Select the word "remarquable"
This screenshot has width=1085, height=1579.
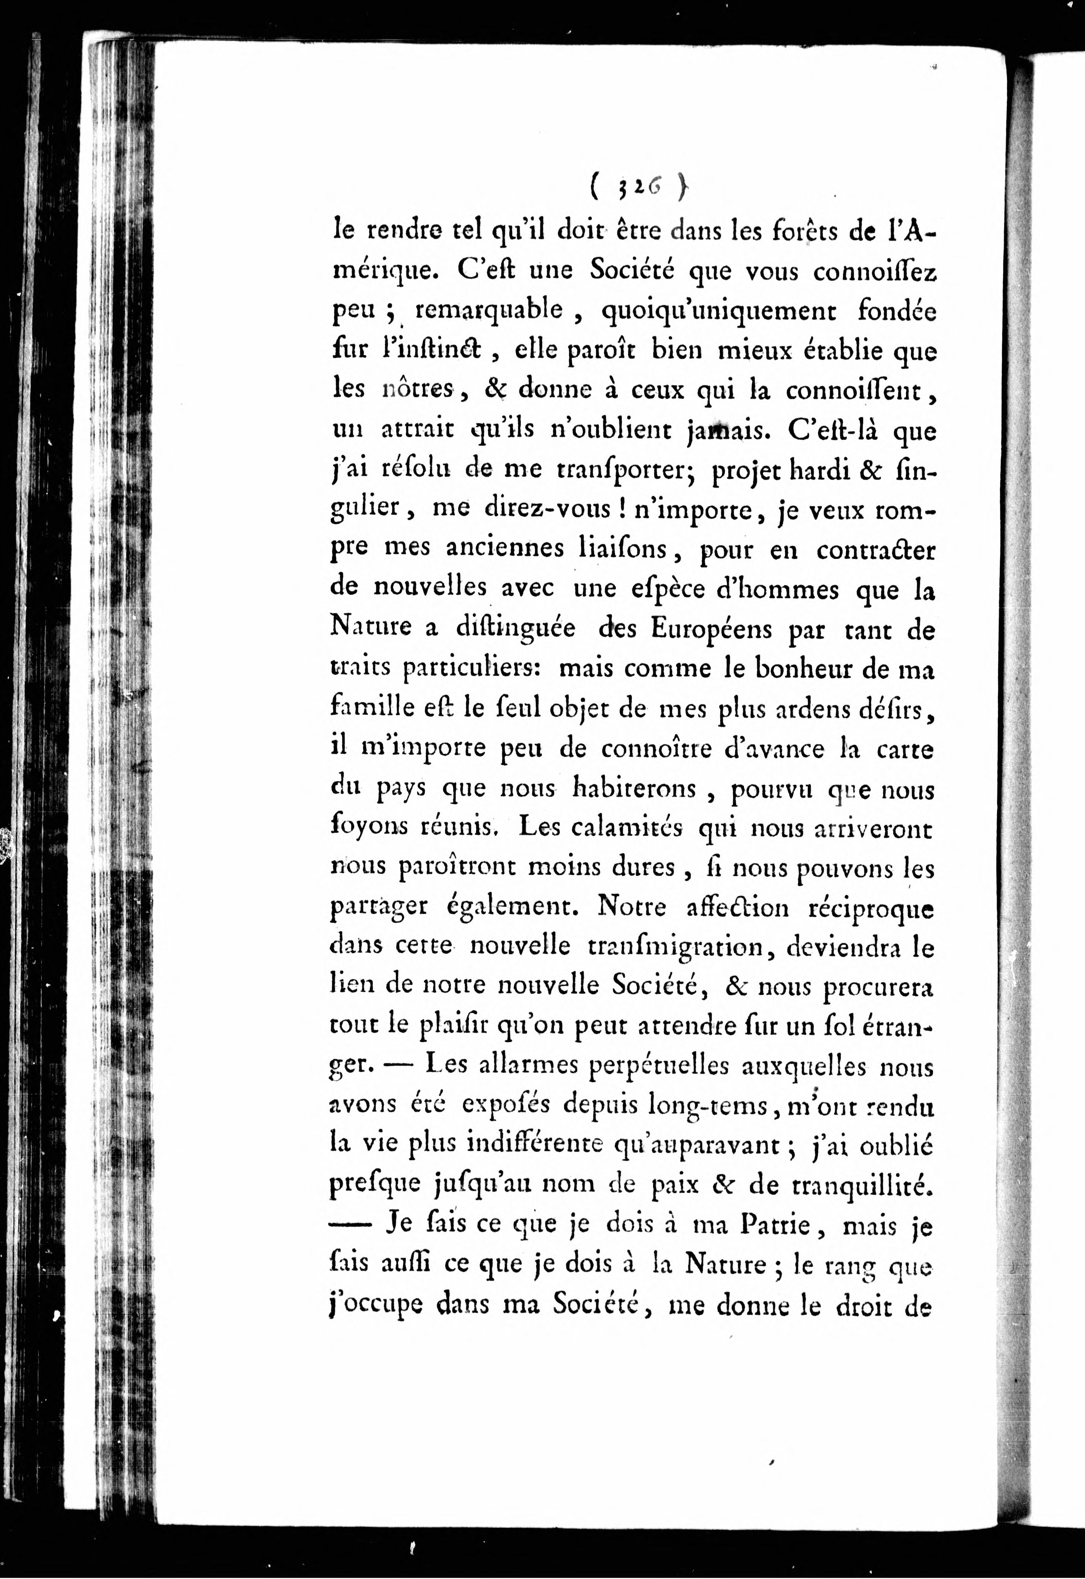(488, 311)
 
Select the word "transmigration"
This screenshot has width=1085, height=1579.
(678, 946)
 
